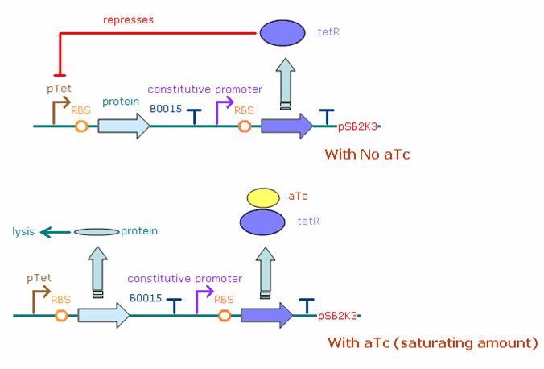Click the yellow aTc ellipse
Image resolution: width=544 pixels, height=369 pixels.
click(262, 197)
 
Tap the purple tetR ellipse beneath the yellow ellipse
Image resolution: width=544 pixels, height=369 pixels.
click(262, 220)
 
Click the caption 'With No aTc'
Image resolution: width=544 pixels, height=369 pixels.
click(367, 154)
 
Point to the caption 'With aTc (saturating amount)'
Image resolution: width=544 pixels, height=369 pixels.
click(432, 342)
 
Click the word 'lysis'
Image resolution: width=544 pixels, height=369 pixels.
click(23, 231)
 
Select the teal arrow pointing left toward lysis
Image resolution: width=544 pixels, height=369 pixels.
click(56, 232)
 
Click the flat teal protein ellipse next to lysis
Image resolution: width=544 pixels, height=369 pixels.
click(97, 232)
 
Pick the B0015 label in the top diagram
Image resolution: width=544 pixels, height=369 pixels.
click(166, 108)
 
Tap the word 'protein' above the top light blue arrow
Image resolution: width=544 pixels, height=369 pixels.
click(121, 102)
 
